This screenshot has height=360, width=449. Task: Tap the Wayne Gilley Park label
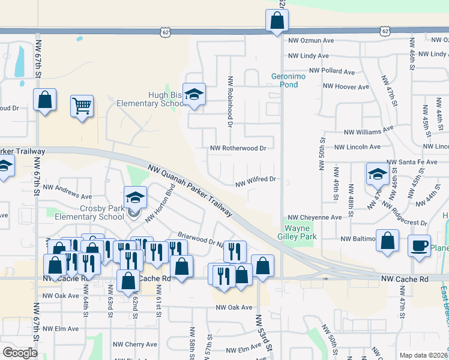(301, 233)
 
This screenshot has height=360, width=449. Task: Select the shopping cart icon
(82, 107)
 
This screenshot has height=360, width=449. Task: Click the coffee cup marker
(419, 245)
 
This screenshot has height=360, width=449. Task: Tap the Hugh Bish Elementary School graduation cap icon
(194, 94)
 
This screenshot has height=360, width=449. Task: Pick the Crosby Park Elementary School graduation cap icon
(135, 197)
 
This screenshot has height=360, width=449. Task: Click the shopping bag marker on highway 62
(277, 22)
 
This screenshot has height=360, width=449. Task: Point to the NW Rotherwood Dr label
(238, 148)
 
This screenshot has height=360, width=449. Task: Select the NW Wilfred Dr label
(255, 179)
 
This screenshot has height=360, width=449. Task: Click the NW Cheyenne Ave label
(315, 217)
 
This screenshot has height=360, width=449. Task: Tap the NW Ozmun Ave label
(311, 40)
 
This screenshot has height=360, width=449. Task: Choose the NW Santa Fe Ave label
(411, 162)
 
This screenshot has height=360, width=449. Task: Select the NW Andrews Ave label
(67, 196)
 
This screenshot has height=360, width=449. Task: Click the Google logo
(20, 353)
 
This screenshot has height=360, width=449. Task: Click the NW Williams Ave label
(368, 131)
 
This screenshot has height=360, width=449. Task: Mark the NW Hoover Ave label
(346, 86)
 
